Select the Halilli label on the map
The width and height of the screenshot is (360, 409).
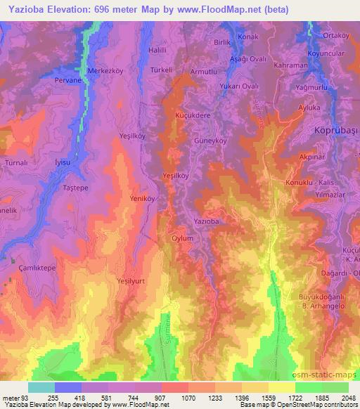point(158,51)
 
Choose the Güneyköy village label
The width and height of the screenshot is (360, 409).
point(209,140)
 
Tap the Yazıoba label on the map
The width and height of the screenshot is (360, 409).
point(207,221)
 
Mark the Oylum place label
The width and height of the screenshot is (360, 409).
point(182,238)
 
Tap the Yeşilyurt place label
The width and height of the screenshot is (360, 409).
point(131,279)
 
